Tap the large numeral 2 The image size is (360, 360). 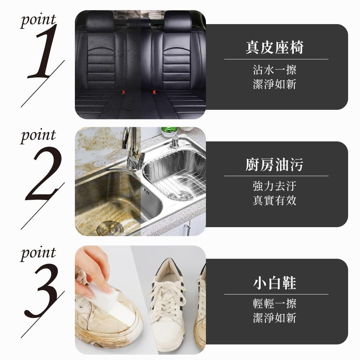pyautogui.click(x=44, y=174)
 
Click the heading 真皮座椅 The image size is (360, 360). pyautogui.click(x=275, y=47)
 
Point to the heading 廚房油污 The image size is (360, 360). pyautogui.click(x=275, y=165)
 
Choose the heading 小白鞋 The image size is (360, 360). pyautogui.click(x=275, y=283)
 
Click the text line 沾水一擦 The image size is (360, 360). pyautogui.click(x=275, y=70)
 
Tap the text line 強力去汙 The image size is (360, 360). pyautogui.click(x=275, y=186)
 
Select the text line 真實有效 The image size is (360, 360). pyautogui.click(x=275, y=200)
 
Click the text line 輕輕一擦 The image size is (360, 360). pyautogui.click(x=275, y=303)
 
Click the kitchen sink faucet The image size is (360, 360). pyautogui.click(x=132, y=149)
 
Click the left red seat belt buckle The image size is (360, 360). pyautogui.click(x=124, y=92)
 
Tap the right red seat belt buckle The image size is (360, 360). pyautogui.click(x=154, y=92)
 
